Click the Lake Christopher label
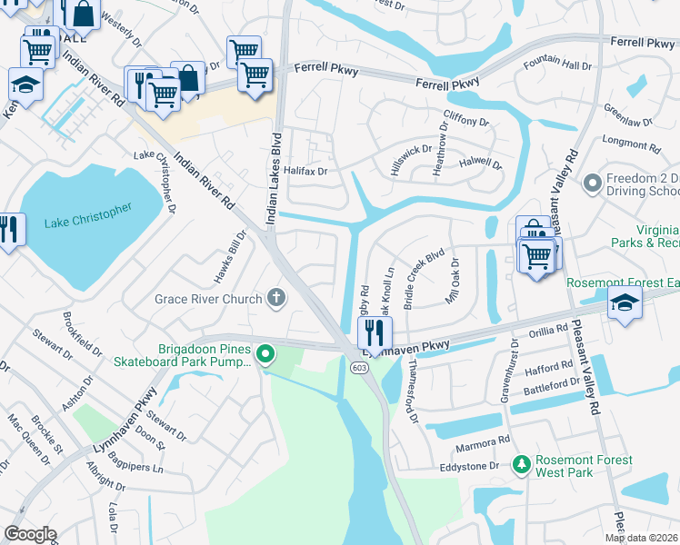[87, 216]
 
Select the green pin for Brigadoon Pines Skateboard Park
[265, 353]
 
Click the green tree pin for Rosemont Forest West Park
[521, 464]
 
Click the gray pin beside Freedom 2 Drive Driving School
[592, 184]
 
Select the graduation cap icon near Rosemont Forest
[625, 302]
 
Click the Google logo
[30, 534]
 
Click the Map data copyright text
[641, 538]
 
